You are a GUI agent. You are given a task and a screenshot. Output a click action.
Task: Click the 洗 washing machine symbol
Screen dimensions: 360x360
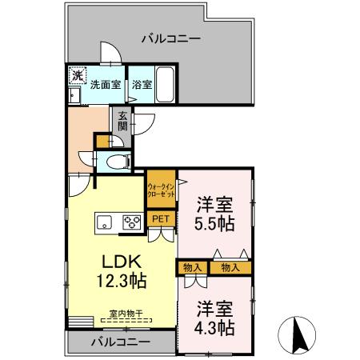pos(76,75)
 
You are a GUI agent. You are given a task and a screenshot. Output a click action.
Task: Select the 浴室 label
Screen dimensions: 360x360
pos(141,83)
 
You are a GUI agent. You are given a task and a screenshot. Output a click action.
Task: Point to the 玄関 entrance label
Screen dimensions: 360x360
pos(122,120)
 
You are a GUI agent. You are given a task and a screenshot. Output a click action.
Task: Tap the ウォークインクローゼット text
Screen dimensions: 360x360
pos(161,190)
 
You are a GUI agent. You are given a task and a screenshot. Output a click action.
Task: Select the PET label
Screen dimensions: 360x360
pos(161,218)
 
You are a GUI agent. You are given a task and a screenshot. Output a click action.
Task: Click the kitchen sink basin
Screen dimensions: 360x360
pos(105,222)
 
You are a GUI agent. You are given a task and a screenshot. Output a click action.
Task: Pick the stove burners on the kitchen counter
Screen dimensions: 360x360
pos(130,222)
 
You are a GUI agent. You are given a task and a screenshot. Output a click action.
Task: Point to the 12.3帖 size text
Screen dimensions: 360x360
pos(121,282)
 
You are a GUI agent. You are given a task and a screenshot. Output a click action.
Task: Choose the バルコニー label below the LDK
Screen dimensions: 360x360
pos(119,342)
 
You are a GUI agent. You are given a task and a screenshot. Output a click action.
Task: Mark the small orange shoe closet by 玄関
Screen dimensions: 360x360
pos(102,142)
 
